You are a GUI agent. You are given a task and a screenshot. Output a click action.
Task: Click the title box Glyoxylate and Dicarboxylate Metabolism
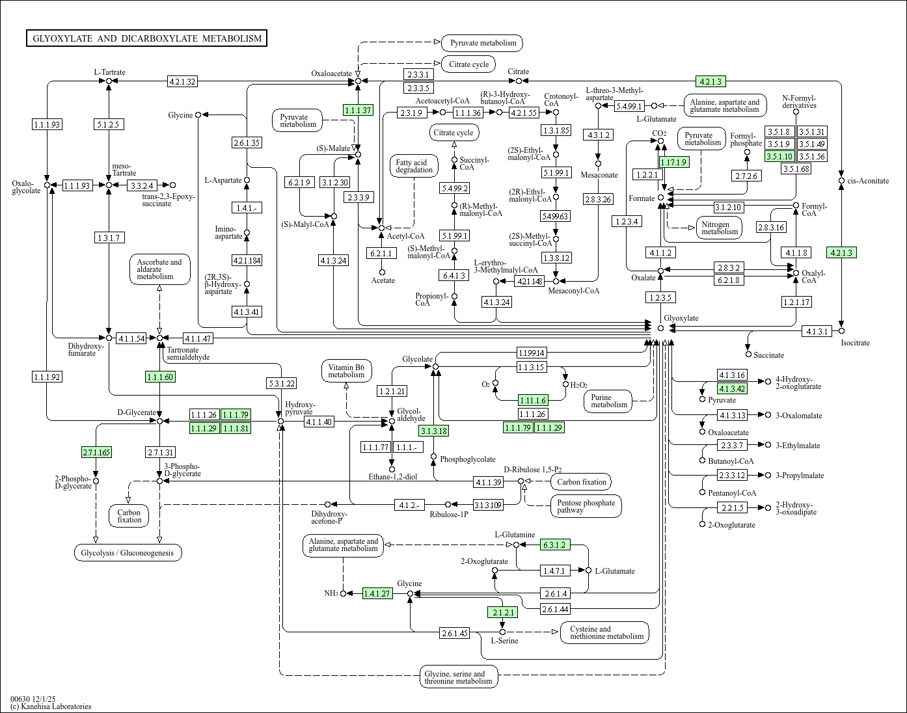pyautogui.click(x=147, y=38)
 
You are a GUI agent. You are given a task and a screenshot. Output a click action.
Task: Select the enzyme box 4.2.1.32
pyautogui.click(x=182, y=81)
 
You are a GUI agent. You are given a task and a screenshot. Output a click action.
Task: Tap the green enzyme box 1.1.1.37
pyautogui.click(x=358, y=110)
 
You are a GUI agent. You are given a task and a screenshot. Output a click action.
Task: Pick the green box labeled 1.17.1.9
pyautogui.click(x=673, y=162)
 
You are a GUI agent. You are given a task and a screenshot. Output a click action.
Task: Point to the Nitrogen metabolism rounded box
pyautogui.click(x=720, y=228)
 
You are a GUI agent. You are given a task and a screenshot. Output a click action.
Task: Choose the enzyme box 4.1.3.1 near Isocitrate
pyautogui.click(x=817, y=331)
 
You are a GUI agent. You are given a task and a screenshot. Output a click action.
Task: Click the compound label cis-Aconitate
pyautogui.click(x=868, y=180)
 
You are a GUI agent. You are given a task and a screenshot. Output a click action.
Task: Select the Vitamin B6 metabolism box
pyautogui.click(x=346, y=371)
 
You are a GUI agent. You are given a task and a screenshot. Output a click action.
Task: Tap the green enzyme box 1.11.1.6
pyautogui.click(x=533, y=400)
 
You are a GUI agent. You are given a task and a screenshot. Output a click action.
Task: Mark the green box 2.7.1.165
pyautogui.click(x=96, y=452)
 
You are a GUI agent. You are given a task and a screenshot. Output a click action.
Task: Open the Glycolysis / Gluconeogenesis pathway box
pyautogui.click(x=128, y=553)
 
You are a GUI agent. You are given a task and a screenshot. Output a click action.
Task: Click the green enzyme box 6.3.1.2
pyautogui.click(x=554, y=545)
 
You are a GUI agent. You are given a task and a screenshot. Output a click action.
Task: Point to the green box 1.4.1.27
pyautogui.click(x=377, y=593)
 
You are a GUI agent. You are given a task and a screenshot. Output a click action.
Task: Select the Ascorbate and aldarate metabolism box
pyautogui.click(x=159, y=269)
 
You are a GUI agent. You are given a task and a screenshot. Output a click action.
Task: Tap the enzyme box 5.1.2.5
pyautogui.click(x=108, y=124)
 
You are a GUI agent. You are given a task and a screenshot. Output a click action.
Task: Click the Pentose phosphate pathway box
pyautogui.click(x=586, y=506)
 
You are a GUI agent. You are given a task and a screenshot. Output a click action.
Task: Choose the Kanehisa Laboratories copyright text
pyautogui.click(x=51, y=706)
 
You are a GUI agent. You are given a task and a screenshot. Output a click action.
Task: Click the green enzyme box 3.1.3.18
pyautogui.click(x=433, y=430)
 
